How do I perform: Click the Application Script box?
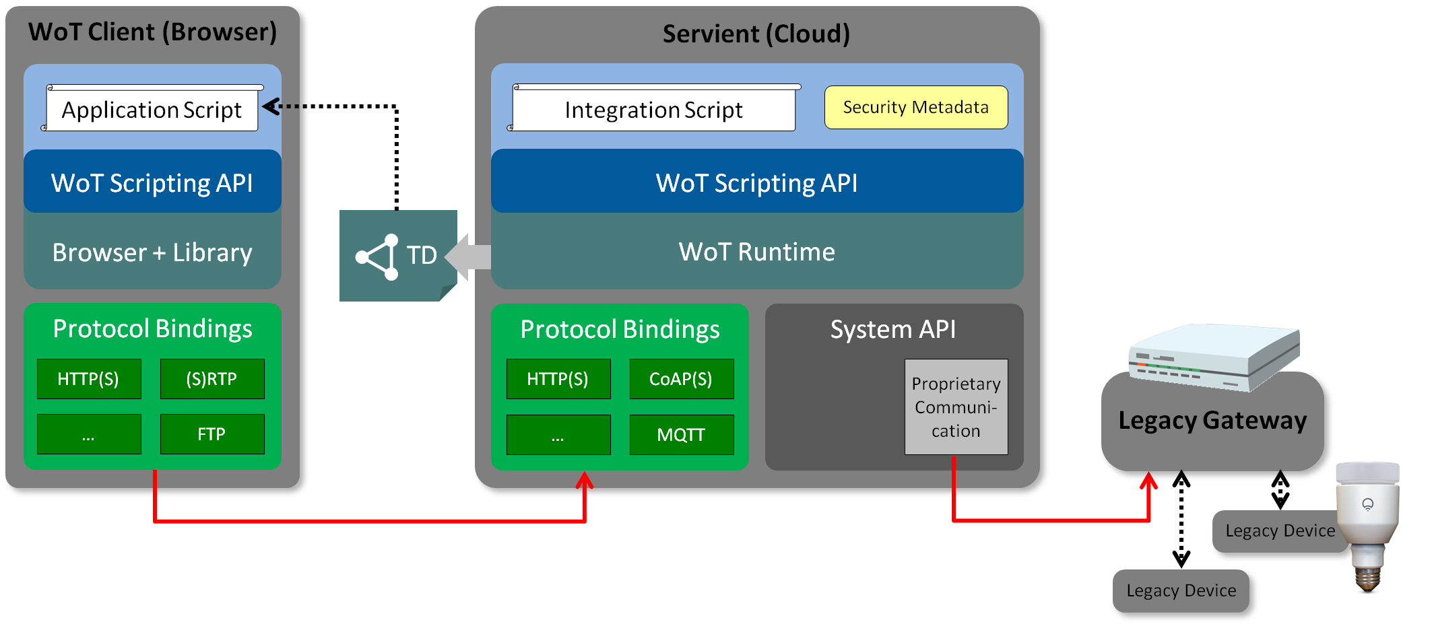click(x=152, y=110)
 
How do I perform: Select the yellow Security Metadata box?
click(x=916, y=107)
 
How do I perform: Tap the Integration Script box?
click(x=653, y=110)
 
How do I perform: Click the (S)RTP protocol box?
click(x=212, y=379)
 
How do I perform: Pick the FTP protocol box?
click(x=212, y=434)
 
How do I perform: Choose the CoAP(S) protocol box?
click(x=681, y=379)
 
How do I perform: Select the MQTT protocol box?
click(x=681, y=435)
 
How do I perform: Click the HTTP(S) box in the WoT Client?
click(x=89, y=379)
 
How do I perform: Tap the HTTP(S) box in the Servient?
click(x=558, y=379)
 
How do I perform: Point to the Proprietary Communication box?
click(x=956, y=407)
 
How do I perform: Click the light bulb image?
click(x=1368, y=525)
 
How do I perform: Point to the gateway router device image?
click(x=1212, y=357)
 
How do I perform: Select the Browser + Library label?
click(x=152, y=252)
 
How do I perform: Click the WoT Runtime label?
click(x=757, y=252)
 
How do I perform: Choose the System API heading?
click(x=893, y=329)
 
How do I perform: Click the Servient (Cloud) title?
click(x=756, y=34)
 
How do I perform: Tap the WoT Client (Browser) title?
click(x=153, y=32)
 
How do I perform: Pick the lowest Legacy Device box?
click(x=1181, y=590)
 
